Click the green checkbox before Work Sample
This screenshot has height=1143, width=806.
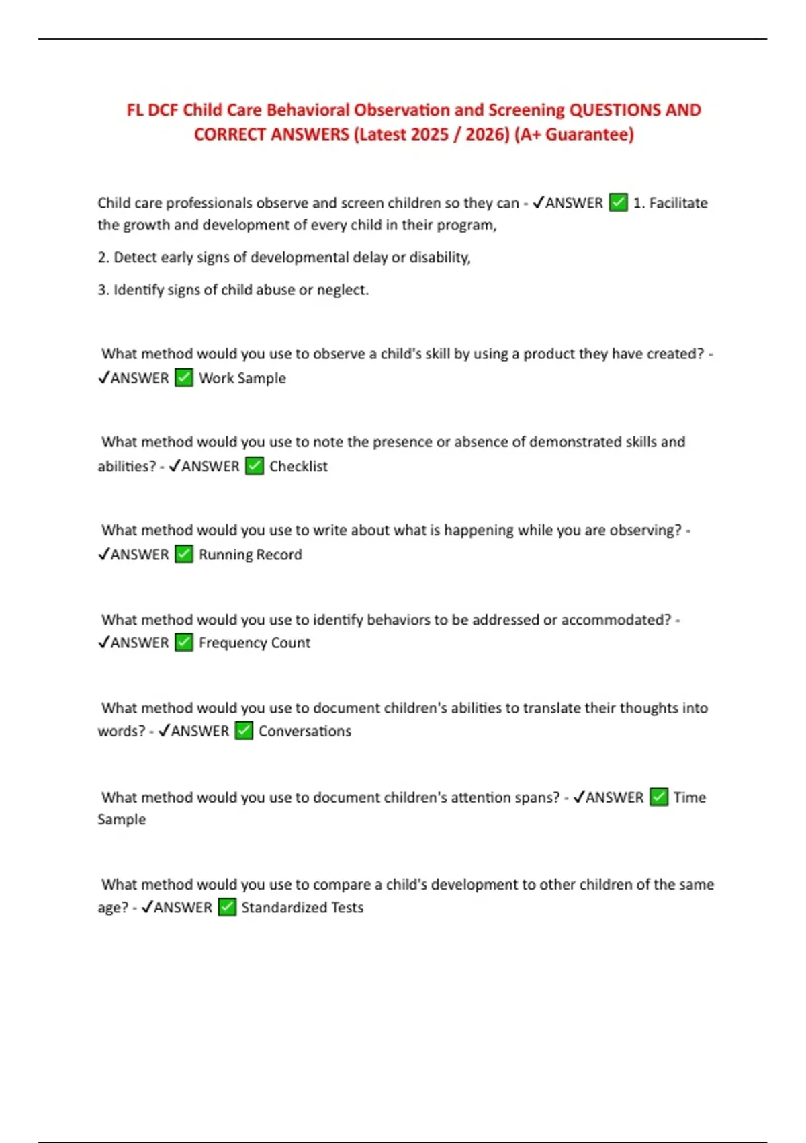184,378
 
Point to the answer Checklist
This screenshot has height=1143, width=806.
298,466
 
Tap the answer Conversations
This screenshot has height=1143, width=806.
304,731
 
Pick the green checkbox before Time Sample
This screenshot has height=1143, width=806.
659,797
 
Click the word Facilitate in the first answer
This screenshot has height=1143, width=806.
678,203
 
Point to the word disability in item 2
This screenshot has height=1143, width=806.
439,258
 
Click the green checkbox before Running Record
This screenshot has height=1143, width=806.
184,555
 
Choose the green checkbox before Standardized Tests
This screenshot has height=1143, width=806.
227,907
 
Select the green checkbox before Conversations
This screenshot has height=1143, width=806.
244,731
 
